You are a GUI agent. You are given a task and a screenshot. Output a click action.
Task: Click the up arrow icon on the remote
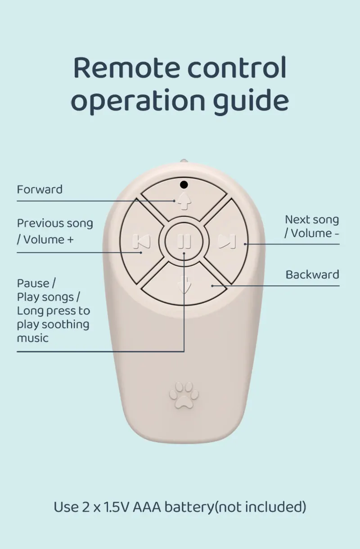tap(183, 201)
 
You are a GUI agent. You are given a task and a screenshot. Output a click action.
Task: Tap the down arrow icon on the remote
tap(184, 284)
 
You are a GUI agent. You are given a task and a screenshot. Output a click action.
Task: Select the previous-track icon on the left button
tap(141, 242)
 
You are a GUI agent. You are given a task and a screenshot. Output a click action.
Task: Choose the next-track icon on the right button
tap(226, 242)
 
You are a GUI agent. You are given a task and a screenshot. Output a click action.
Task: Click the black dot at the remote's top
tap(184, 184)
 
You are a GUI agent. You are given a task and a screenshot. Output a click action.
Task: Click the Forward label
tap(40, 189)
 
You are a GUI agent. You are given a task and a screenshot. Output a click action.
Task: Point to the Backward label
tap(312, 274)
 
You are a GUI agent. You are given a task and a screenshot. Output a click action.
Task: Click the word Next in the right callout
tap(296, 220)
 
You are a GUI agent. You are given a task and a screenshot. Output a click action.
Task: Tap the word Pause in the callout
tap(34, 283)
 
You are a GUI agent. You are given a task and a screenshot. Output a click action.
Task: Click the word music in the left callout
tap(32, 338)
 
